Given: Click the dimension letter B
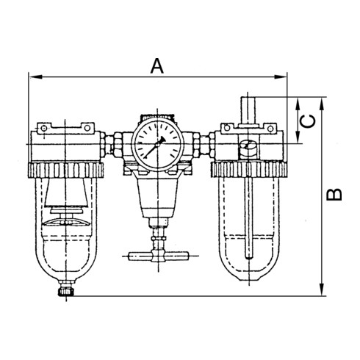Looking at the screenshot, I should click(x=334, y=194).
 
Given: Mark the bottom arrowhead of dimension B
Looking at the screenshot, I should click(x=324, y=292).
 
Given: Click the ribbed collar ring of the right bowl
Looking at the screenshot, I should click(x=248, y=170).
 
